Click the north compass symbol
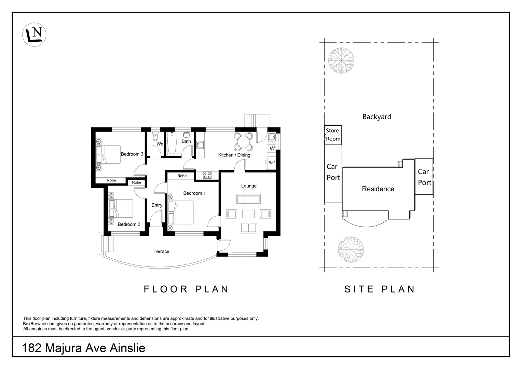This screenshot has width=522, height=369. point(34,35)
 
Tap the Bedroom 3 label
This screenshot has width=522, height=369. point(132,154)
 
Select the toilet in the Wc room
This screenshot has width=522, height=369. point(155,136)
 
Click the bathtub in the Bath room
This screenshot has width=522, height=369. point(172,143)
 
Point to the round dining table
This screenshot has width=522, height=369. point(243,141)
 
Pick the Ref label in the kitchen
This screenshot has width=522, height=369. point(272,163)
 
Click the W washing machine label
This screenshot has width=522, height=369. point(272,149)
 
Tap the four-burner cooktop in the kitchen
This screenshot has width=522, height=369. point(207,175)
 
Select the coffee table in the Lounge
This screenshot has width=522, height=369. point(248,214)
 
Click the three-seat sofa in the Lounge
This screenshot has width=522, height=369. point(248,199)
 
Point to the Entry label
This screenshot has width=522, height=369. point(157,205)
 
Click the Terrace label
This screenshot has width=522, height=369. point(161,251)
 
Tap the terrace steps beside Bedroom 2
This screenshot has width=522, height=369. point(108,244)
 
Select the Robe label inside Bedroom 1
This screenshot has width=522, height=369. point(182,176)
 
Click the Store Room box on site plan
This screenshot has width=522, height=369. point(333,135)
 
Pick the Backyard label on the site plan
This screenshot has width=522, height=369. point(377,117)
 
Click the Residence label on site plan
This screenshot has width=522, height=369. point(378,189)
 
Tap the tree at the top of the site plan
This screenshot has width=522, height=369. point(341,60)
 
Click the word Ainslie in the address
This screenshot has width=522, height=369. point(127,348)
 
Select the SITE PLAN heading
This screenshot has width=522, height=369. point(380,289)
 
